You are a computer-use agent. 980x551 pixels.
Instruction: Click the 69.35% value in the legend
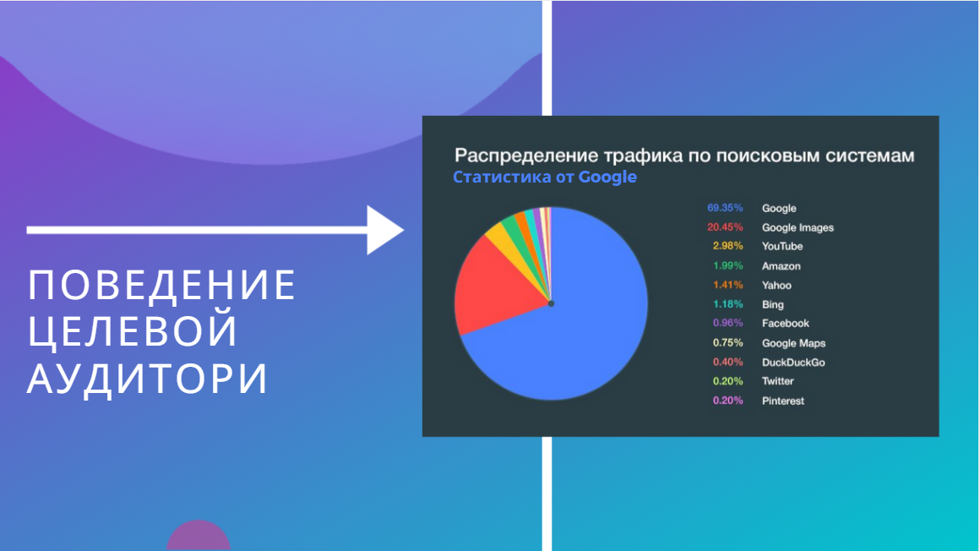pos(725,208)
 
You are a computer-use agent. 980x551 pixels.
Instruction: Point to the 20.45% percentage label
pos(725,227)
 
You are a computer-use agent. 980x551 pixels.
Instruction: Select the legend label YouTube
pos(781,247)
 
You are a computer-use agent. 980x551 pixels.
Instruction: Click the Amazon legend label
pos(781,266)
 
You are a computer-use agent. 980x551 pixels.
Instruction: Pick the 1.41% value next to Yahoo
pos(728,285)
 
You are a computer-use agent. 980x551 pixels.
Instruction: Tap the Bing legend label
pos(772,304)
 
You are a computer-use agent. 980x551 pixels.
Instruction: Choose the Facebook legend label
pos(785,324)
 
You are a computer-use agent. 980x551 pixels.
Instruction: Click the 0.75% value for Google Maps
pos(728,343)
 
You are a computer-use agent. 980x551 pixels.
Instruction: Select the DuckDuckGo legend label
pos(793,362)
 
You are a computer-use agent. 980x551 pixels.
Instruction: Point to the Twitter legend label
pos(777,381)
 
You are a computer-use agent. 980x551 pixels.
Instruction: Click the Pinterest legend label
pos(782,401)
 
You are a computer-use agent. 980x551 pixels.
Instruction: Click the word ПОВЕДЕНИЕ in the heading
pos(162,285)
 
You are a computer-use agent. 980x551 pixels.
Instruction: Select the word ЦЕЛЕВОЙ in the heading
pos(133,330)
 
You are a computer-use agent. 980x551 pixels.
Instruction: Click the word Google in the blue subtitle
pos(607,177)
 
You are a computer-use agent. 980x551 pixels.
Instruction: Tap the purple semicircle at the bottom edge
pos(199,537)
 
